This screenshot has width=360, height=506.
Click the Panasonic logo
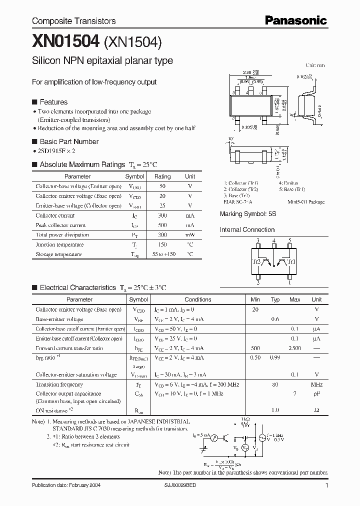295,20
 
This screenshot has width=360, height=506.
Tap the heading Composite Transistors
73,21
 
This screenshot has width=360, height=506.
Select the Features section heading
53,101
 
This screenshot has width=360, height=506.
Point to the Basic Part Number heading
69,141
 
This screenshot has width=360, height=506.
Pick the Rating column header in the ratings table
162,176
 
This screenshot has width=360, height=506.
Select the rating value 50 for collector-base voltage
162,186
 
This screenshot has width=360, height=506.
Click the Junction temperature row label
55,244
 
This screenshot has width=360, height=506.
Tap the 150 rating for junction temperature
162,244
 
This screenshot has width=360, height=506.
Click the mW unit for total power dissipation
190,234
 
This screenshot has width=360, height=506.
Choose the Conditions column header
198,299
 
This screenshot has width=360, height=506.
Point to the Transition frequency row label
59,384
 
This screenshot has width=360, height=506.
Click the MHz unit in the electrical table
316,384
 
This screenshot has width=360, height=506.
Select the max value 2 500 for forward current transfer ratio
295,348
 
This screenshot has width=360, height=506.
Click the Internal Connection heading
247,230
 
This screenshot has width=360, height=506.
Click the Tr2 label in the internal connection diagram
256,261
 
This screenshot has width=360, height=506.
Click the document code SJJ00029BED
185,485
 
